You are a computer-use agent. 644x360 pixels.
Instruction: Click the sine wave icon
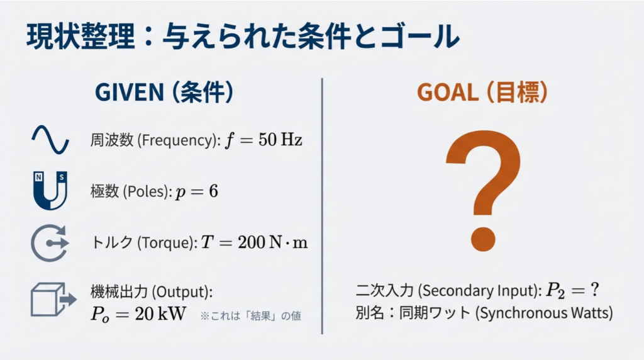point(50,140)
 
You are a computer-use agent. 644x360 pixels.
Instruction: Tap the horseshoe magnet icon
point(50,191)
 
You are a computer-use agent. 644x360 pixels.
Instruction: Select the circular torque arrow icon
point(50,244)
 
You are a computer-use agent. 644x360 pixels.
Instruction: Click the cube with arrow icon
point(53,299)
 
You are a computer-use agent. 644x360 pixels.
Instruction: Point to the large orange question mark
point(484,191)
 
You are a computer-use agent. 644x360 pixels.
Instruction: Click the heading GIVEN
point(130,92)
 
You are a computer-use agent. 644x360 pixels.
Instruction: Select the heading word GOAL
point(448,92)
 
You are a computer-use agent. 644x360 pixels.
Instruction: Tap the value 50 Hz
point(280,140)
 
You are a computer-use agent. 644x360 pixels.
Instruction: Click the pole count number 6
point(213,191)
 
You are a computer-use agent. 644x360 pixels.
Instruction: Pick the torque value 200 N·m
point(273,242)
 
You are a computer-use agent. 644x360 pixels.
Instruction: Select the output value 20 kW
point(160,315)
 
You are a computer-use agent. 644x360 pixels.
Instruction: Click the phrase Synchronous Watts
point(544,313)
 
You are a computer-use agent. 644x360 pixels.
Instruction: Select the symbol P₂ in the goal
point(555,291)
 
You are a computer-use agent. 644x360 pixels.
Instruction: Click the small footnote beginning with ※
point(250,315)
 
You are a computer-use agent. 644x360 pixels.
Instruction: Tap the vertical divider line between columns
point(322,206)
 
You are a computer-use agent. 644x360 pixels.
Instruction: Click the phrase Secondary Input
point(478,291)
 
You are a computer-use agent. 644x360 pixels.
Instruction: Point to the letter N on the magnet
point(38,177)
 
